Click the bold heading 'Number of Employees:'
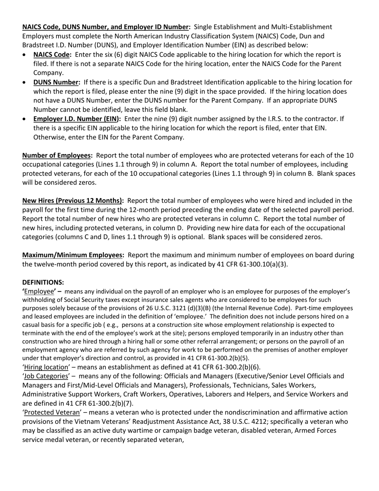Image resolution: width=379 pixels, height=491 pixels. pos(57,155)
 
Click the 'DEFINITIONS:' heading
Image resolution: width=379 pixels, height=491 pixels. pos(43,282)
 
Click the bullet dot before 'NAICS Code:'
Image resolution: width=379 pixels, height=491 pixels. pos(25,55)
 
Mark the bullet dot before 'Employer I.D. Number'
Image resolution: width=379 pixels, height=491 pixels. pos(25,119)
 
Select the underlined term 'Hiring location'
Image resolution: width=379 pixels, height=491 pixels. pos(46,367)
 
